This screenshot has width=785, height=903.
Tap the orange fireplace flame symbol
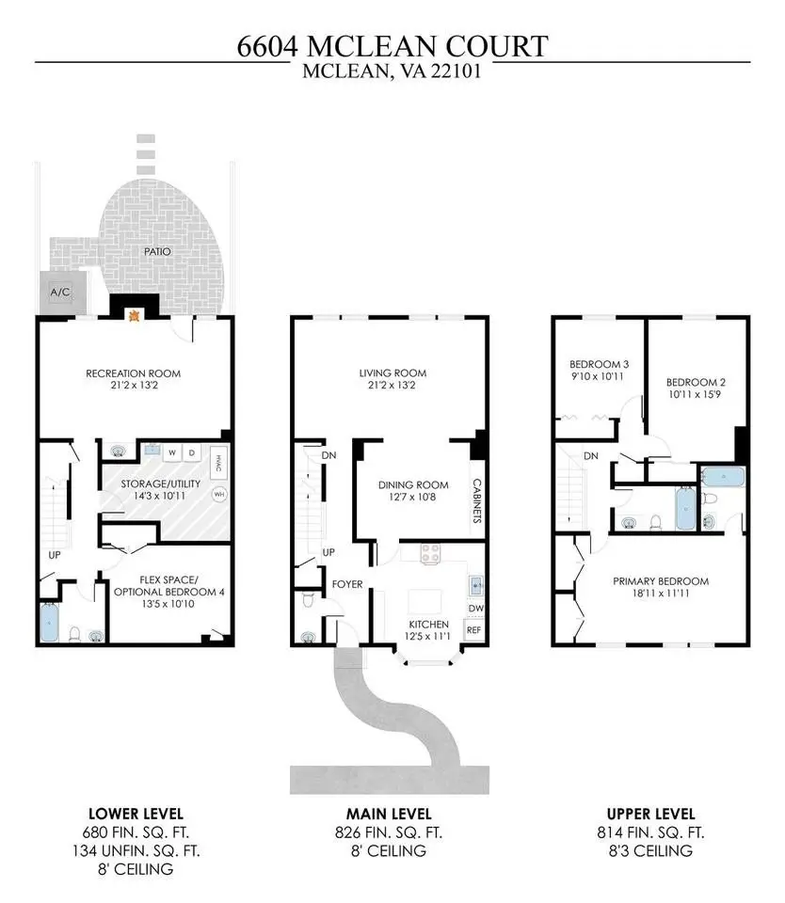point(135,315)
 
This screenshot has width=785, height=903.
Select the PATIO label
point(157,252)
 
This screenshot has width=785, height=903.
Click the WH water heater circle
point(219,494)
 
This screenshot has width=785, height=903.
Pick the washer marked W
point(171,453)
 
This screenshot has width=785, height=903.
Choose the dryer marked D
point(192,453)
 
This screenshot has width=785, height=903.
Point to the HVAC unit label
point(218,464)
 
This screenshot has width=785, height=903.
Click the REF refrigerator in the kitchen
point(473,630)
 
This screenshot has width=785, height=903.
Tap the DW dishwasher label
point(476,609)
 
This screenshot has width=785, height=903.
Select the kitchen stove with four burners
point(430,554)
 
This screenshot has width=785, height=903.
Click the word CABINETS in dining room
point(476,500)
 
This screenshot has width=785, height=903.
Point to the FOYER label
point(347,584)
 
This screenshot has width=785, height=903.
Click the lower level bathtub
point(50,622)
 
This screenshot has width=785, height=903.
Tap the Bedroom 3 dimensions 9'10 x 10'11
point(598,376)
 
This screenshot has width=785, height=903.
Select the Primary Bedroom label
point(661,581)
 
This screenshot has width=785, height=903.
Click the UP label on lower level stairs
point(55,555)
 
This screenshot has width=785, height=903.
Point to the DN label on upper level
point(591,456)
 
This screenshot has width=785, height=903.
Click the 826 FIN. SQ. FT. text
point(389,832)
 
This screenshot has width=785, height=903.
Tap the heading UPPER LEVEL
point(650,814)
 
